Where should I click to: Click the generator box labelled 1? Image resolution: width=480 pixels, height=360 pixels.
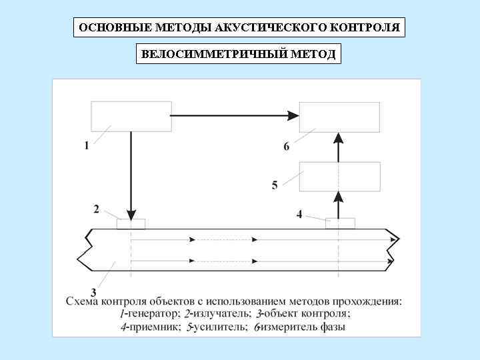131,116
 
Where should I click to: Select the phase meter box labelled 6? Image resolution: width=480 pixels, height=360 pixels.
339,117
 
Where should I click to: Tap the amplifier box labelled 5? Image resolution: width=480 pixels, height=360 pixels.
339,176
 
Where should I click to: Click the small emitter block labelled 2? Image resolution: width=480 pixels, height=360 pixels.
131,224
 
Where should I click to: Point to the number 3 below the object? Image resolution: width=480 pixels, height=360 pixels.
93,291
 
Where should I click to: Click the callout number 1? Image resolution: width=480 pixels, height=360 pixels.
87,147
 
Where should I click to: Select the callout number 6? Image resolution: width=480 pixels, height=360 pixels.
287,147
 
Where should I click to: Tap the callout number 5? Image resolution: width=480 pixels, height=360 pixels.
275,185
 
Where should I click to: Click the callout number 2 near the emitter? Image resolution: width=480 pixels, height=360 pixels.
97,209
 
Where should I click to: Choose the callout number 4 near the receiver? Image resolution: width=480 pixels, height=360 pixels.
299,214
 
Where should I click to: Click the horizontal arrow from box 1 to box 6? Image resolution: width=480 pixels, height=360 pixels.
233,116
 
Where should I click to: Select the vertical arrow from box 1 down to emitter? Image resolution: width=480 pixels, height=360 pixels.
131,173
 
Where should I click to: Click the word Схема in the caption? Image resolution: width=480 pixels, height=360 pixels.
83,301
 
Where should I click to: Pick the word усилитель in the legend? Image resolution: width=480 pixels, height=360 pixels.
217,327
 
